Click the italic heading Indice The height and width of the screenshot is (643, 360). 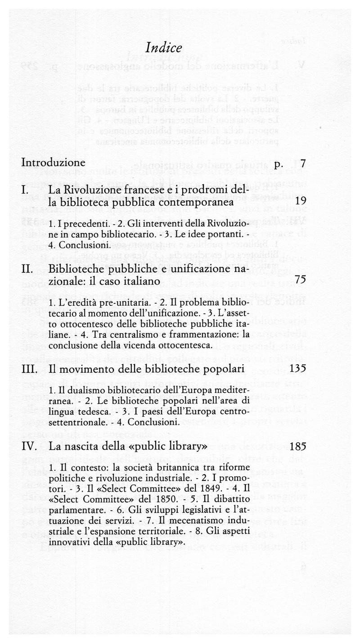point(164,48)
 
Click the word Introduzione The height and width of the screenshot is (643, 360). point(53,163)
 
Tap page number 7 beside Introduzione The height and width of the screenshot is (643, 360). point(303,163)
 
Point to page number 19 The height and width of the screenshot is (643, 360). point(301,202)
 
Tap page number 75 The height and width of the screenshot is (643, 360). point(301,280)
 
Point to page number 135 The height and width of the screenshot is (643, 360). point(298,369)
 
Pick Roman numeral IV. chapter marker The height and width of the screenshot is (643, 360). point(30,447)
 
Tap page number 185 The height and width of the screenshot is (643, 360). point(298,447)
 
